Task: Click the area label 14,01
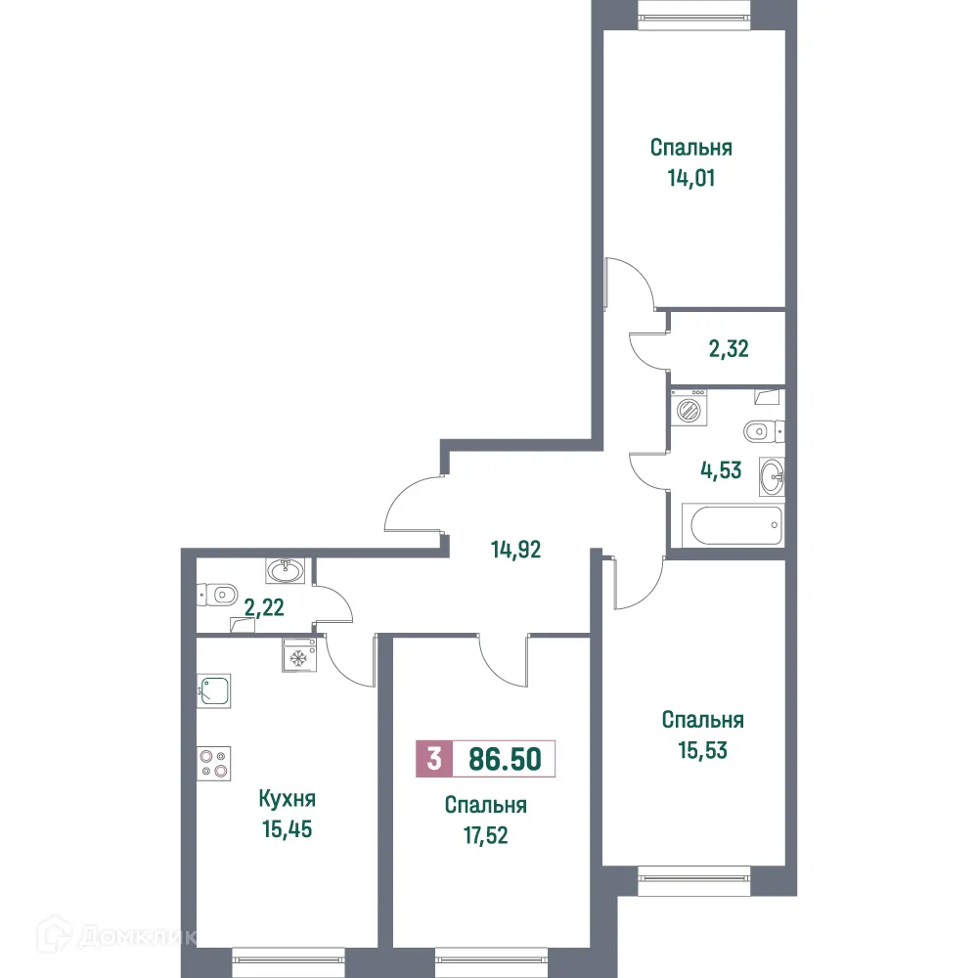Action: click(x=691, y=179)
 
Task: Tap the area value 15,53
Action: click(x=702, y=751)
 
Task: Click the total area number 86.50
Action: click(x=505, y=759)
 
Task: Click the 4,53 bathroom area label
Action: click(x=720, y=469)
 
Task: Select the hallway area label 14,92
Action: click(x=515, y=550)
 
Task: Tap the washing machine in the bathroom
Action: click(x=691, y=408)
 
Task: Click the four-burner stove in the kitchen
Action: click(x=213, y=762)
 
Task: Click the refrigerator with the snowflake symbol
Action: click(x=297, y=655)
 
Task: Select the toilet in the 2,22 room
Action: click(x=218, y=593)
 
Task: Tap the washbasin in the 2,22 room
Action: click(x=285, y=569)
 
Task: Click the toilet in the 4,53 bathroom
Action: click(x=763, y=430)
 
